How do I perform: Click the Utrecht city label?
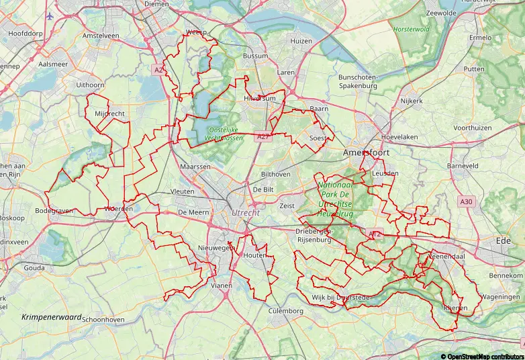pyautogui.click(x=244, y=212)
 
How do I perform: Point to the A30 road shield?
pyautogui.click(x=467, y=201)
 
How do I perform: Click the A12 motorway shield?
pyautogui.click(x=375, y=234)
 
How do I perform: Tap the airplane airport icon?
pyautogui.click(x=50, y=15)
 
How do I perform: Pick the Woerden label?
pyautogui.click(x=118, y=209)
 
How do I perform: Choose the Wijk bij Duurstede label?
pyautogui.click(x=341, y=297)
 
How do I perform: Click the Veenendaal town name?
pyautogui.click(x=446, y=257)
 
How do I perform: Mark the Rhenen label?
pyautogui.click(x=455, y=308)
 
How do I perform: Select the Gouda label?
pyautogui.click(x=35, y=267)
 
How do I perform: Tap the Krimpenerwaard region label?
pyautogui.click(x=51, y=316)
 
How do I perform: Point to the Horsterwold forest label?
pyautogui.click(x=411, y=30)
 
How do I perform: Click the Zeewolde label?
pyautogui.click(x=441, y=13)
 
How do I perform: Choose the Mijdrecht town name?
pyautogui.click(x=109, y=114)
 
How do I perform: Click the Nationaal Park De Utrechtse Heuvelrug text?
pyautogui.click(x=335, y=199)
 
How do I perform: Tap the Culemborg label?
pyautogui.click(x=286, y=311)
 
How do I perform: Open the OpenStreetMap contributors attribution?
pyautogui.click(x=481, y=355)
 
